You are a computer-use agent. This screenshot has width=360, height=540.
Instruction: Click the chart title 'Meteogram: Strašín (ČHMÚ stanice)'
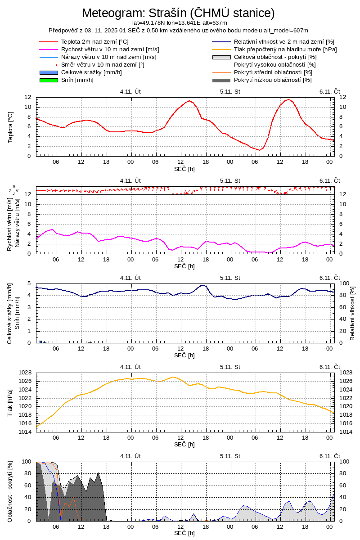[178, 13]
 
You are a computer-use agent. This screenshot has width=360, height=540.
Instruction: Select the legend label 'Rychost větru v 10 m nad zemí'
[110, 49]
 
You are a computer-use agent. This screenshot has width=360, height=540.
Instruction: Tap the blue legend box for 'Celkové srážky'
[49, 72]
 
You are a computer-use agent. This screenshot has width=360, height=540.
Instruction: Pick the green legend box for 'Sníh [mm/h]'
[49, 80]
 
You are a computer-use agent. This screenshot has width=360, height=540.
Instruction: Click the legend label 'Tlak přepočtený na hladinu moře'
[285, 49]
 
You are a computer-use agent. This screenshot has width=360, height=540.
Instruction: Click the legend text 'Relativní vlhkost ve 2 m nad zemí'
[284, 42]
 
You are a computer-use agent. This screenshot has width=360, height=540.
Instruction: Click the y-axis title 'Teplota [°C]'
[10, 127]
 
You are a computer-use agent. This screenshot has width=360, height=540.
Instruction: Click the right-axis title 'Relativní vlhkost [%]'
[352, 313]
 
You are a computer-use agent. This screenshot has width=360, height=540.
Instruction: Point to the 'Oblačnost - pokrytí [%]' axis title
[10, 491]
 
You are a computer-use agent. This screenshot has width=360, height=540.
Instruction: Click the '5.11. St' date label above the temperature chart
[230, 91]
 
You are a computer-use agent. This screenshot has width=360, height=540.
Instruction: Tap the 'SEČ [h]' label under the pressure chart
[184, 444]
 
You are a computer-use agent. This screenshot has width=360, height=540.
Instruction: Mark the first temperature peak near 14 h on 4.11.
[189, 101]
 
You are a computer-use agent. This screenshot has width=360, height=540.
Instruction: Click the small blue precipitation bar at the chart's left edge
[40, 342]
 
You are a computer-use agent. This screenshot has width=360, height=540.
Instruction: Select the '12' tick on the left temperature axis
[28, 97]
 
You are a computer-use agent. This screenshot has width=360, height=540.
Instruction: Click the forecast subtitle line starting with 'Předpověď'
[178, 31]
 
